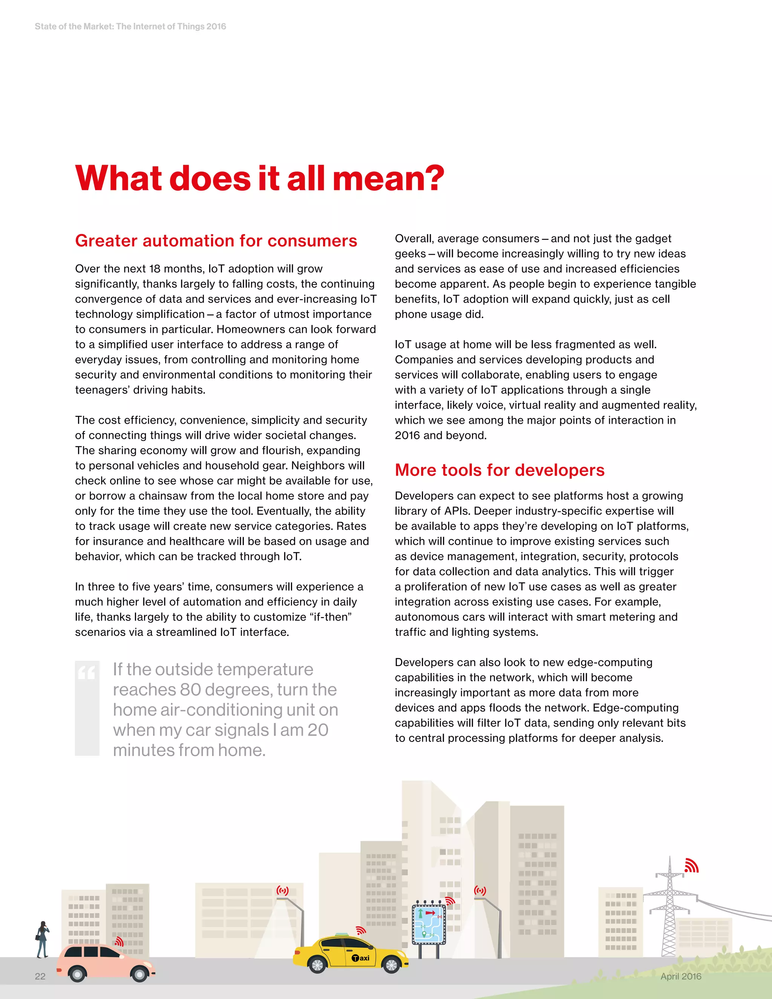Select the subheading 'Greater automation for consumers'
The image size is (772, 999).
click(216, 241)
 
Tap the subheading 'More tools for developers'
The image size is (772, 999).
click(499, 470)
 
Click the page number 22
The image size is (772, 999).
click(40, 976)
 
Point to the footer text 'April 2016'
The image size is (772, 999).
click(680, 976)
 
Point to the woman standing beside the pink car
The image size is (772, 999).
click(43, 939)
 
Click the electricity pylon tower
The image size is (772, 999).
click(669, 910)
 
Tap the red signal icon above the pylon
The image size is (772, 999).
click(691, 866)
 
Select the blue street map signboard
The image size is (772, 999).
click(429, 924)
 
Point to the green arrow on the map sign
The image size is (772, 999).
click(420, 914)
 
